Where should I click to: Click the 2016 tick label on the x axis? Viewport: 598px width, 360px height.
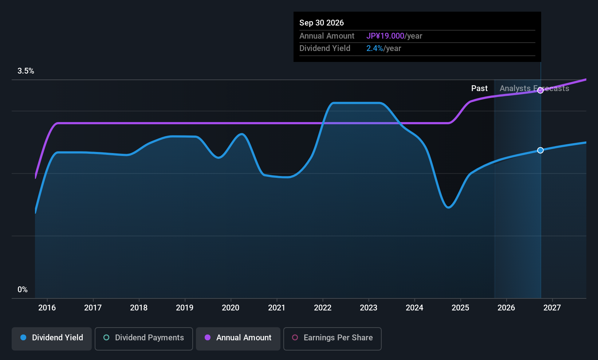pyautogui.click(x=47, y=308)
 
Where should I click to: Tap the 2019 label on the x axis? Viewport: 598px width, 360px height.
pyautogui.click(x=185, y=308)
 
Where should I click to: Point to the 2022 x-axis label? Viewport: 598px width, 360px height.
pyautogui.click(x=323, y=308)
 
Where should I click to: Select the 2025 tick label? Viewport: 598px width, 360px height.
pyautogui.click(x=460, y=308)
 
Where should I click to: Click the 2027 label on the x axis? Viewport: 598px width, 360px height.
pyautogui.click(x=552, y=308)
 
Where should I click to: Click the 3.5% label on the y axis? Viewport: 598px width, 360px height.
pyautogui.click(x=26, y=71)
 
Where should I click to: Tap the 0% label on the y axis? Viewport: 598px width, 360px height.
pyautogui.click(x=23, y=290)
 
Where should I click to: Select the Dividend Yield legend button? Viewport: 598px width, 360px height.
pyautogui.click(x=51, y=339)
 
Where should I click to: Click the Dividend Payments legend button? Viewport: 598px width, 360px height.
pyautogui.click(x=143, y=339)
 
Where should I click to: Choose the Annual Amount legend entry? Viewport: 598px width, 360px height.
pyautogui.click(x=238, y=339)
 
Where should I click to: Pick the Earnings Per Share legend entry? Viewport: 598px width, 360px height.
pyautogui.click(x=333, y=339)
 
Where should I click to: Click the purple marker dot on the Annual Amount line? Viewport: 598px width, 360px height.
pyautogui.click(x=540, y=90)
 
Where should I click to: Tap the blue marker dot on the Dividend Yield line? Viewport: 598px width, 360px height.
pyautogui.click(x=540, y=150)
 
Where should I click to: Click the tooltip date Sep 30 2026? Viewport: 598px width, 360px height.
pyautogui.click(x=322, y=23)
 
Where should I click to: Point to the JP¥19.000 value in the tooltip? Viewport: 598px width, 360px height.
pyautogui.click(x=385, y=36)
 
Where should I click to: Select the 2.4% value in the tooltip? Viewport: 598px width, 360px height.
pyautogui.click(x=374, y=48)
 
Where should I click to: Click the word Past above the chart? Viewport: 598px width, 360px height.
pyautogui.click(x=479, y=89)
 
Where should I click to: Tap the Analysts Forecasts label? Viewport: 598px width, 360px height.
pyautogui.click(x=534, y=89)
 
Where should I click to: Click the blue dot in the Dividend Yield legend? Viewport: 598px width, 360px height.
pyautogui.click(x=24, y=337)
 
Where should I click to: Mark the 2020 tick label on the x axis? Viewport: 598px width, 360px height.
pyautogui.click(x=231, y=308)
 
